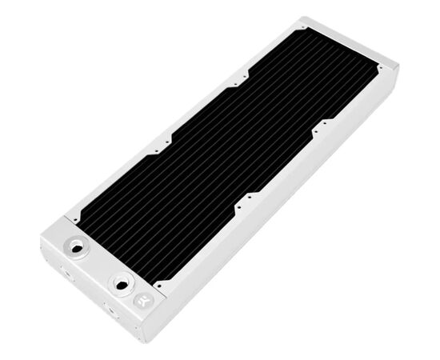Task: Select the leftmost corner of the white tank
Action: (x=39, y=240)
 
